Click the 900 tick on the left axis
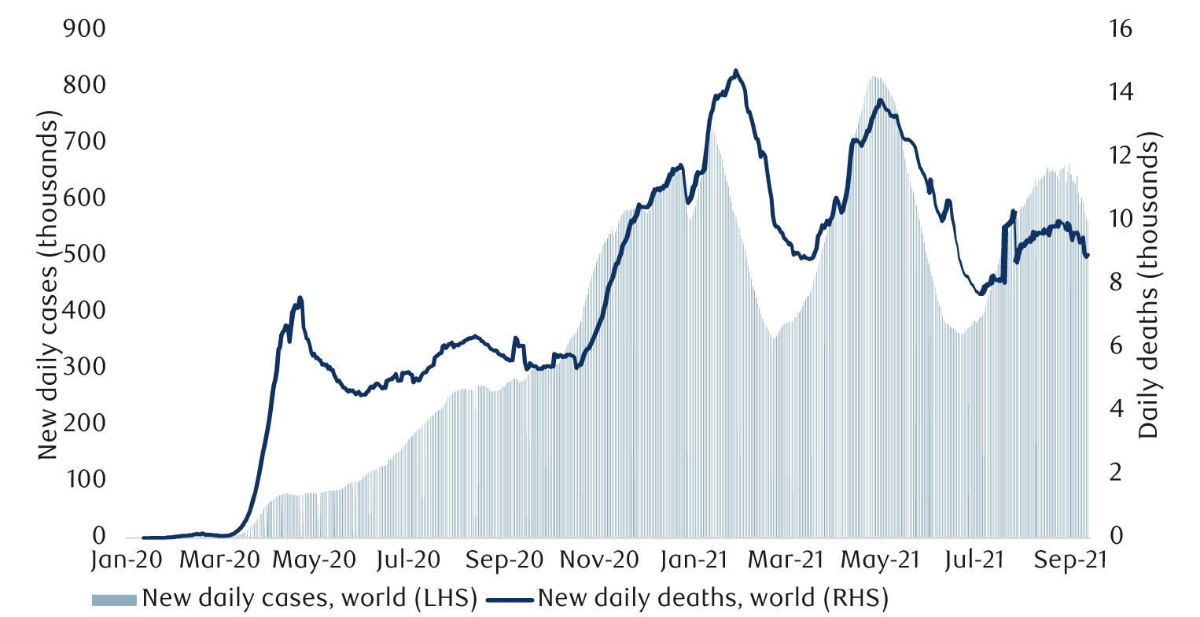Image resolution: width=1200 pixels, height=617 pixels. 83,29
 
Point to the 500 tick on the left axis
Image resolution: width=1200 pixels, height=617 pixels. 83,255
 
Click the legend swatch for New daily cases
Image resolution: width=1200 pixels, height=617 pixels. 115,600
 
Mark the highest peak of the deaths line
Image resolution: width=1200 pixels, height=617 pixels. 735,71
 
